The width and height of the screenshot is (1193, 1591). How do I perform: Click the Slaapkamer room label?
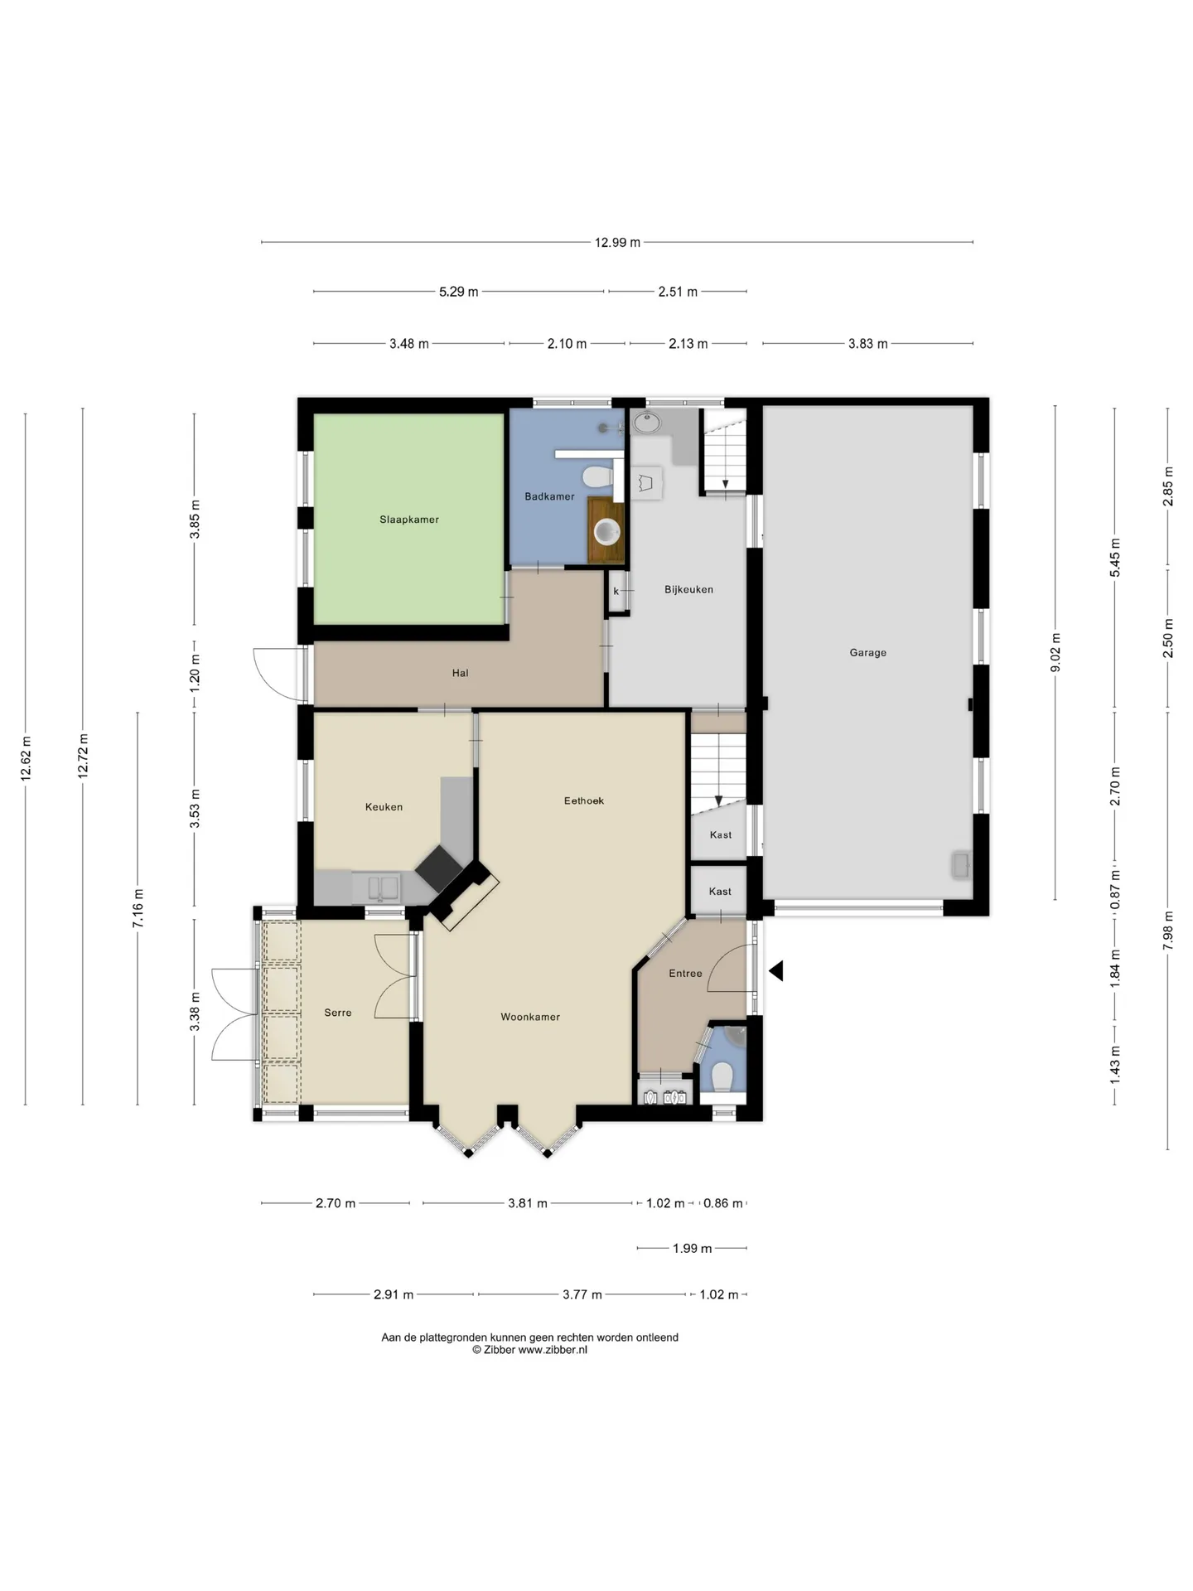(x=409, y=520)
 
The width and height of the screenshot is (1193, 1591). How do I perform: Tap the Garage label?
(x=867, y=653)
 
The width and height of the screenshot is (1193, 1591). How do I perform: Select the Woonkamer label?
(x=530, y=1017)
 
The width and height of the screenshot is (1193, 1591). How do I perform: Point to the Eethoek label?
(x=584, y=800)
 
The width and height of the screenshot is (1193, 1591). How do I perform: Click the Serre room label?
(x=338, y=1013)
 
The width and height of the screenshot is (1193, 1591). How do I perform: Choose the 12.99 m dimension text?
(x=617, y=243)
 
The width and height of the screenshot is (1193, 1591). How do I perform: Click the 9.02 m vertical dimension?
(x=1055, y=653)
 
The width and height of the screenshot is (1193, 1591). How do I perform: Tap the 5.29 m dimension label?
(x=459, y=292)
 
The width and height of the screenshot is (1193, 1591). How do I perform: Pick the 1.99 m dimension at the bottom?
(x=692, y=1249)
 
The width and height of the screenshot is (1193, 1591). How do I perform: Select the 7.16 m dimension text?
(x=138, y=908)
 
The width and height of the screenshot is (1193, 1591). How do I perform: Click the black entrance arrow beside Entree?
(x=775, y=970)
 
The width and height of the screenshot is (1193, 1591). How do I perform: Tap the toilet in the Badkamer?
(x=597, y=476)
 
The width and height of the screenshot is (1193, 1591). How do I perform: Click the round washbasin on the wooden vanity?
(x=607, y=531)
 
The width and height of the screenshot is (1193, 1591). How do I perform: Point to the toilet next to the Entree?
(x=722, y=1077)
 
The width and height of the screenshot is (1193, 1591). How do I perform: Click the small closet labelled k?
(x=617, y=592)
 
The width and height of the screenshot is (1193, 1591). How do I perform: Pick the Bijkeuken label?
(x=688, y=590)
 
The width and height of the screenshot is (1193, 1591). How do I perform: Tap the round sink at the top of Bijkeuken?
(x=646, y=423)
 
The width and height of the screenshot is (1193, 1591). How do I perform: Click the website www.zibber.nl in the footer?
(x=553, y=1350)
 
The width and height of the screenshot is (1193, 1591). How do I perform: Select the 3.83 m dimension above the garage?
(x=867, y=344)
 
